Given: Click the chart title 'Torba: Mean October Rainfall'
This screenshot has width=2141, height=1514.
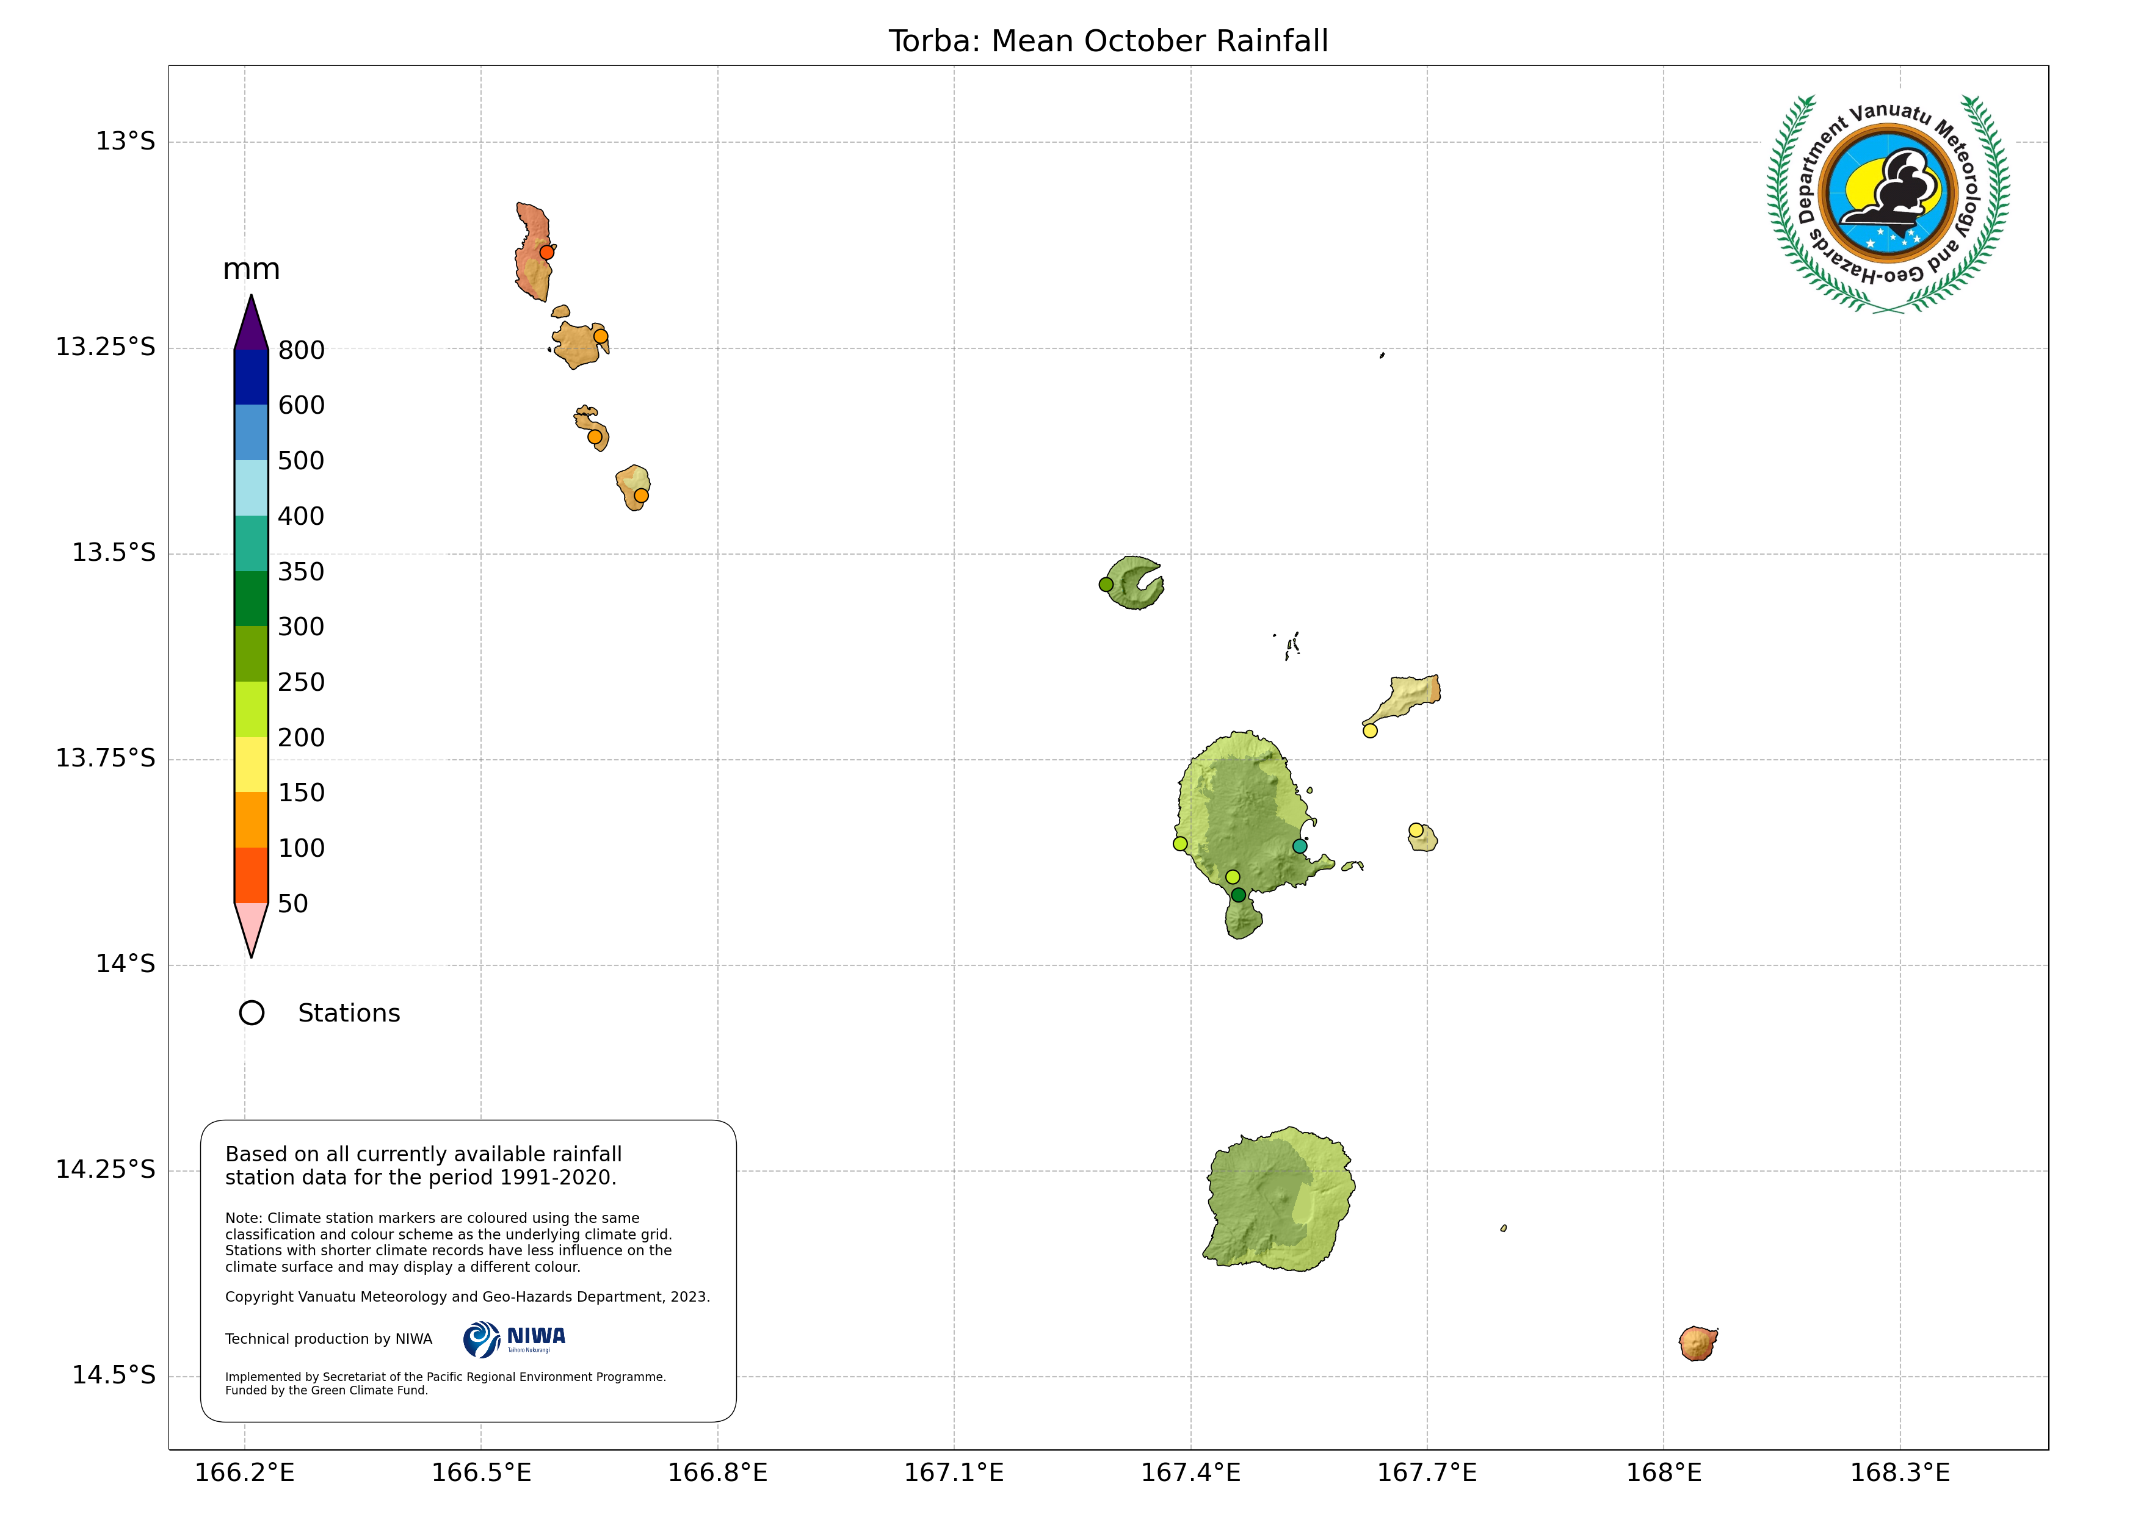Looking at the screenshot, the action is point(1108,41).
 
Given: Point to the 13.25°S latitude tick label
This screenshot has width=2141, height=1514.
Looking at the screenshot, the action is point(106,347).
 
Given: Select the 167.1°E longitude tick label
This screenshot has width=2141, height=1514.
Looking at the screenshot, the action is point(954,1473).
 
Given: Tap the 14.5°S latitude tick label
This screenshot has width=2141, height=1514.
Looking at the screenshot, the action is point(114,1375).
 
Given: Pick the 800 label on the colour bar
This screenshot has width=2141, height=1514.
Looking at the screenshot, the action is point(301,350).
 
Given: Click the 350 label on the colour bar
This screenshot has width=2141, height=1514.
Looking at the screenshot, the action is point(301,571).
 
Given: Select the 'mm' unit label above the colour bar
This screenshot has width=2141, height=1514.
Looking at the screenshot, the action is point(251,270).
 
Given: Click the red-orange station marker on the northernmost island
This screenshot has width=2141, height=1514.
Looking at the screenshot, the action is point(548,251).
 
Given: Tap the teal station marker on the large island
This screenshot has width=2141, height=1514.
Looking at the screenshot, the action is point(1300,846).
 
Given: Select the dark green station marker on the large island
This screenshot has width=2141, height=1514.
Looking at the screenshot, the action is point(1238,895).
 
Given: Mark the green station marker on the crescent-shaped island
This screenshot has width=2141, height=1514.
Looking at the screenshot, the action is point(1106,585).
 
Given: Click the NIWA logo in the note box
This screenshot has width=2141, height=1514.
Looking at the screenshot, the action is point(514,1339).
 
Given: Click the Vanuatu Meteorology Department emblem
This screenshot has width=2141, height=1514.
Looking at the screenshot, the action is point(1888,203).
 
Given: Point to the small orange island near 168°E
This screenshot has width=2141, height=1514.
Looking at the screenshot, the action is point(1698,1343).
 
